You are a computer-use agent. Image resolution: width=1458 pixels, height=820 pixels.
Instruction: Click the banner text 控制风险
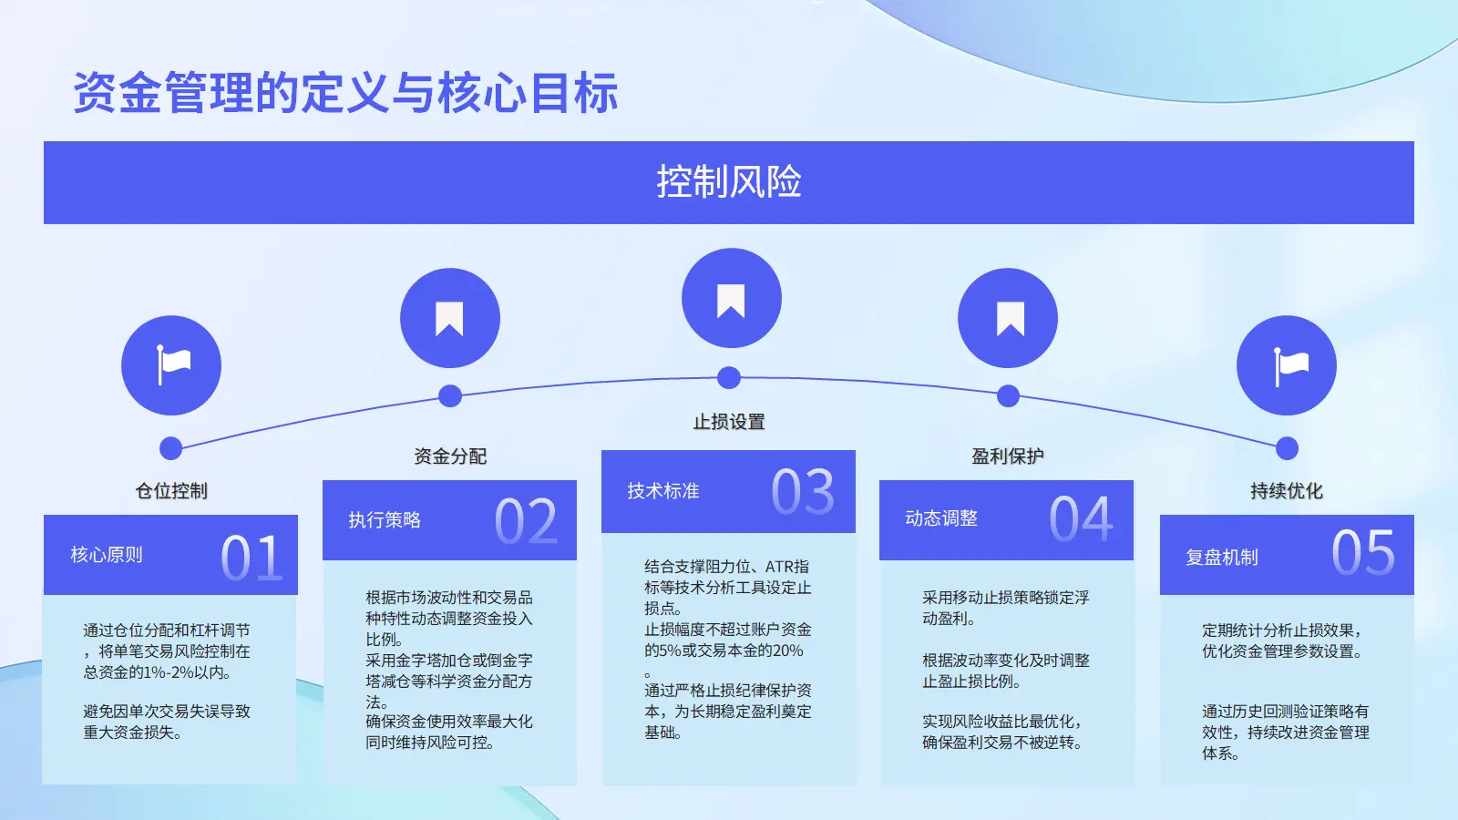[729, 181]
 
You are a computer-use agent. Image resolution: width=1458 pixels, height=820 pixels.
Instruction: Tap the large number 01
[252, 558]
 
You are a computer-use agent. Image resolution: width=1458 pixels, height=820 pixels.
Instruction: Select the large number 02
[526, 521]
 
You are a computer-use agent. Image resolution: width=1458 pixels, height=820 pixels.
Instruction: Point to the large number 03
[803, 492]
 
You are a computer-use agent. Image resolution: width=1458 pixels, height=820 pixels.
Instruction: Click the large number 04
[1081, 518]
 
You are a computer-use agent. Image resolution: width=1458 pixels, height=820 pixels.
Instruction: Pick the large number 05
[1363, 552]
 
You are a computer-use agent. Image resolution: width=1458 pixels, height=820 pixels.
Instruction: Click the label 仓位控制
[171, 491]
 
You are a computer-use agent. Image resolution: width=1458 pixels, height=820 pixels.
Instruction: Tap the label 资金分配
[450, 456]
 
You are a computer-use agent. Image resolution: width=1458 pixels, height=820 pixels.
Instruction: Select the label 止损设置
[729, 422]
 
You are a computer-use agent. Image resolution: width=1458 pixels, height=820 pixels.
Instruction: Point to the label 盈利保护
[1008, 456]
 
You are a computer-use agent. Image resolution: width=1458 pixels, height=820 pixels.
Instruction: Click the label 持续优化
[1286, 491]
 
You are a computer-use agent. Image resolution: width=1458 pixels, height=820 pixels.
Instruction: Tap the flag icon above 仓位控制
[173, 364]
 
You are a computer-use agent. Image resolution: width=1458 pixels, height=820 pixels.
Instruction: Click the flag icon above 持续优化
[1290, 366]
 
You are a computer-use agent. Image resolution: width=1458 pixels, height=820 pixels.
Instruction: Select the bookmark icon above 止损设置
[730, 301]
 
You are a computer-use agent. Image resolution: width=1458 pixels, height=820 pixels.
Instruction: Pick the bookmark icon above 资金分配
[449, 318]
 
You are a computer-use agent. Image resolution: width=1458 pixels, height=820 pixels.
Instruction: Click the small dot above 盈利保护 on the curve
[1008, 395]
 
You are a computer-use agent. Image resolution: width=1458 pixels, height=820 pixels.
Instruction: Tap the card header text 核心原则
[106, 555]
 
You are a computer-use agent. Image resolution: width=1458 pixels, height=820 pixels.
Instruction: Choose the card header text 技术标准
[663, 491]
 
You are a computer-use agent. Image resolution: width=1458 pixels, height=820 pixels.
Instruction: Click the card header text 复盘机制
[1221, 558]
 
